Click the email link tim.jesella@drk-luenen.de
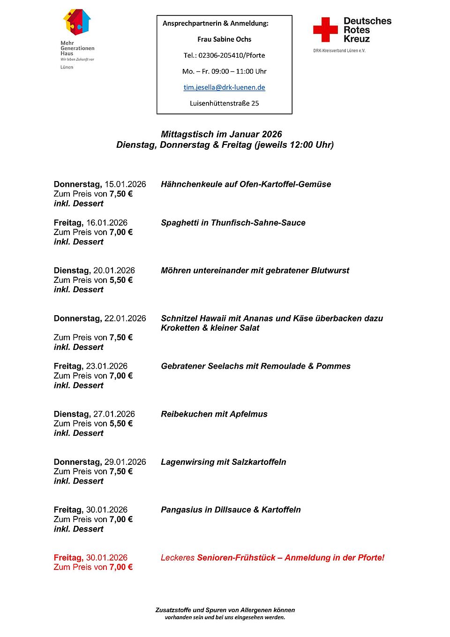click(224, 87)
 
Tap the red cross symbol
click(325, 30)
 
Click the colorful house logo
click(77, 22)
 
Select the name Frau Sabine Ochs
click(224, 39)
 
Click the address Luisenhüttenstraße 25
click(224, 103)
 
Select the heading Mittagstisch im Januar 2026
click(221, 134)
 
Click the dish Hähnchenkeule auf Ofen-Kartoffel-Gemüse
click(246, 184)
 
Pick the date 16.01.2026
click(107, 223)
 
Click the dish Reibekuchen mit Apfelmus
click(214, 414)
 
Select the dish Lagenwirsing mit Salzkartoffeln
click(223, 462)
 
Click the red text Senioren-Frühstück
click(236, 558)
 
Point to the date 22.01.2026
click(125, 318)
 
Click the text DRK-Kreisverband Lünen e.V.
click(339, 51)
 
